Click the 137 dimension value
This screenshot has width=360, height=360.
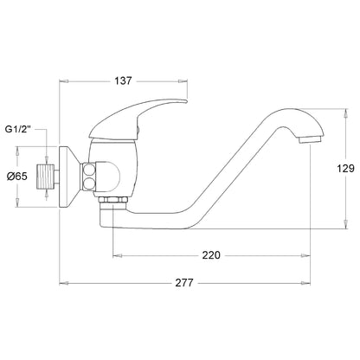123,80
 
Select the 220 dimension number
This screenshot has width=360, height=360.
211,255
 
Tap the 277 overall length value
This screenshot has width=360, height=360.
184,283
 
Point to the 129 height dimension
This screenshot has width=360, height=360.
345,168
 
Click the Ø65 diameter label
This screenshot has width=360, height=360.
17,176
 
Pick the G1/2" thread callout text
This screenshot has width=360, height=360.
18,129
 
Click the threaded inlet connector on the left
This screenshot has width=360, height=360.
45,177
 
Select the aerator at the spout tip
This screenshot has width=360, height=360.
310,140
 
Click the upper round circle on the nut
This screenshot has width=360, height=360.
89,170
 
